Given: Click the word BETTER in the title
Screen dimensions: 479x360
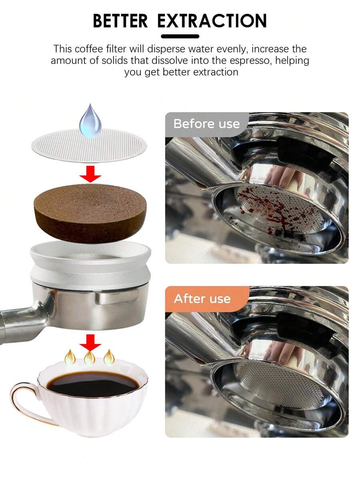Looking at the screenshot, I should tap(120, 21).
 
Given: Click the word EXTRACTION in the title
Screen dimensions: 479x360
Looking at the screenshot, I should tap(212, 21).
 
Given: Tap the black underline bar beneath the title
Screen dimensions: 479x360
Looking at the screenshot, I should tap(180, 36).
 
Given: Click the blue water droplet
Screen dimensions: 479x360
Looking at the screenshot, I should tap(90, 121).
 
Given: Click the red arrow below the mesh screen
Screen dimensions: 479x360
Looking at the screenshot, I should tap(90, 175).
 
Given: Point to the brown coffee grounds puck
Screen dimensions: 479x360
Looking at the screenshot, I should tap(90, 213).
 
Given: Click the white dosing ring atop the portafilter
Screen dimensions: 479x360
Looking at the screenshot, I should tap(90, 264).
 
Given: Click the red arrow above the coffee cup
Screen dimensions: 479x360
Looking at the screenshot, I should tap(90, 342).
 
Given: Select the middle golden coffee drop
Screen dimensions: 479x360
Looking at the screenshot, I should tap(90, 357).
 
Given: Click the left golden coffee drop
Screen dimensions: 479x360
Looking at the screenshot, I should tap(70, 357).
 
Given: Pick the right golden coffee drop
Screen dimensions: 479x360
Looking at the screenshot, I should tap(109, 357).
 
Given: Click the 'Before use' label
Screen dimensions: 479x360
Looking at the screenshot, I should tap(206, 124).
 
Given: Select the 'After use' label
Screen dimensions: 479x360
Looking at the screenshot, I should tap(202, 299).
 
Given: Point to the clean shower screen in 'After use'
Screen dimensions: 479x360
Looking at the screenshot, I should tap(276, 382).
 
